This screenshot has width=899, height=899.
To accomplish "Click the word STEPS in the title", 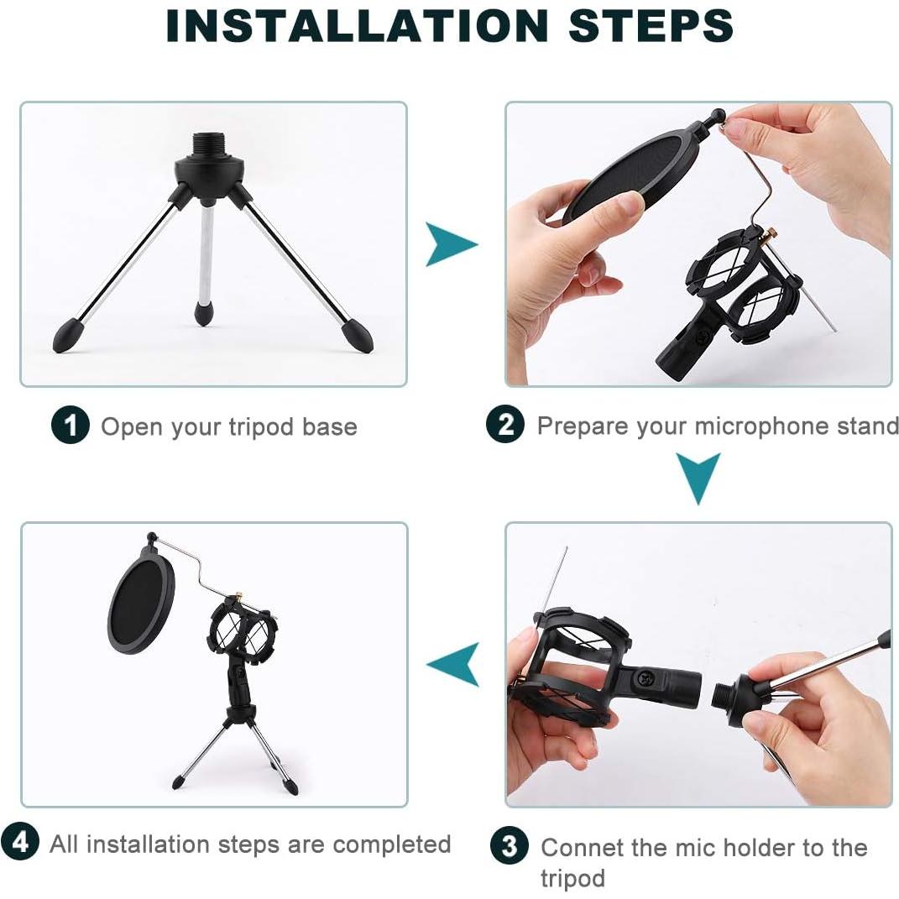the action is tap(651, 26).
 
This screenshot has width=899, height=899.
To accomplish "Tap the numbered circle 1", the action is tap(70, 426).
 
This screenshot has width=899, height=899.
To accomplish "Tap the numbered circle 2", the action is tap(504, 424).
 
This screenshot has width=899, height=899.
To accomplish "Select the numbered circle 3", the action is tap(510, 845).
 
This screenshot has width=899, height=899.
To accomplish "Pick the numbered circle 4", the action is tap(20, 843).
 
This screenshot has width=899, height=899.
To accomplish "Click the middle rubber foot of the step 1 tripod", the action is tap(203, 313).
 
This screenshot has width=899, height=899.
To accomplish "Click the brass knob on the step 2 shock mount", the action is tap(771, 233).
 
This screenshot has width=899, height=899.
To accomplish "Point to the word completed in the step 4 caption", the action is tap(392, 844).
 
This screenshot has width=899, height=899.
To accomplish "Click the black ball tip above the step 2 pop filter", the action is tap(718, 115).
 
